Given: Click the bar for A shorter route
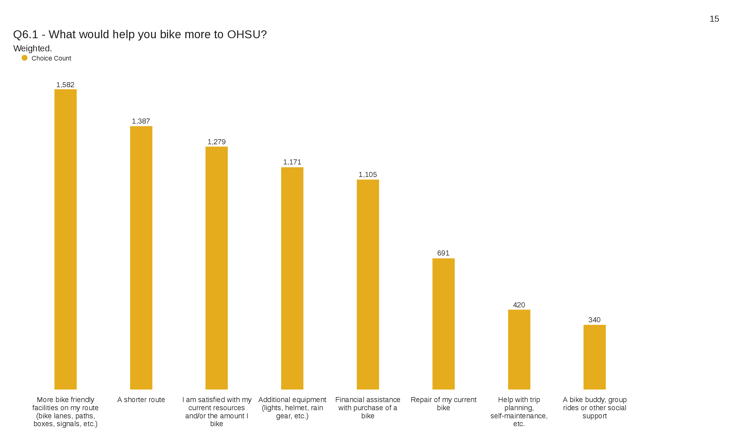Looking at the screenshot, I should coord(141,258).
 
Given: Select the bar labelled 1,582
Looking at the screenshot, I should coord(65,239).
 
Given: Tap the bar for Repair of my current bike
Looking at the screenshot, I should coord(443,324).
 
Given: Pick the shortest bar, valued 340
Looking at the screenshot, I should coord(594,357).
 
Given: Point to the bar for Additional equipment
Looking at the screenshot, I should coord(292,278).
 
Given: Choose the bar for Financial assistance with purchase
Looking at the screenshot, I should coord(368,284).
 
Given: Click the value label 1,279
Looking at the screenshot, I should coord(216,142).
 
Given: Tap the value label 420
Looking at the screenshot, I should coord(519,305).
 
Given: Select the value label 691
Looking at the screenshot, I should coord(443,253).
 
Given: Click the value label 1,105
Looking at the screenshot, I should coord(368,175).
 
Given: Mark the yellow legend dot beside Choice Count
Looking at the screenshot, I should coord(25,58).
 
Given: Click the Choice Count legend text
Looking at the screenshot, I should coord(51,58).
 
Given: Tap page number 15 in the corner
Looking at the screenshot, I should coord(714,19).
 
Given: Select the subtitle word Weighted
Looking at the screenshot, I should coord(32,48).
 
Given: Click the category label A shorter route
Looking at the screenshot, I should coord(141,399).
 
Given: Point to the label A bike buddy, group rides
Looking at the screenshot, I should coord(594,408).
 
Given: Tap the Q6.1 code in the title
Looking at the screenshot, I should coord(26,35).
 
